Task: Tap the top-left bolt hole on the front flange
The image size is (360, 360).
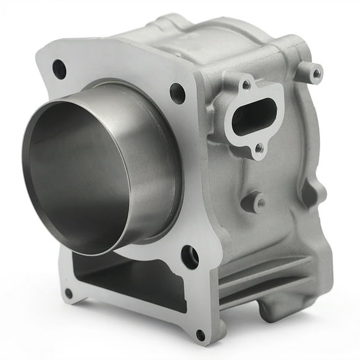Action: pyautogui.click(x=60, y=69)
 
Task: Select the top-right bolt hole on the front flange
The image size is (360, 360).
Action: pyautogui.click(x=178, y=93)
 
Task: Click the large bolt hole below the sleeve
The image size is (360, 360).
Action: pyautogui.click(x=190, y=256)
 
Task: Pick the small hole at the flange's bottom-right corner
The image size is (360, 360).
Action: pyautogui.click(x=200, y=335)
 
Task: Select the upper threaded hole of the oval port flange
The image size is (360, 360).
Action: pyautogui.click(x=246, y=84)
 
